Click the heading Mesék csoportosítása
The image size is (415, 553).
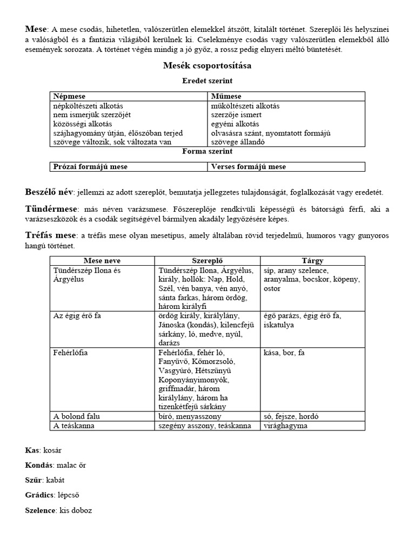coord(207,66)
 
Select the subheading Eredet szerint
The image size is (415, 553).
coord(207,80)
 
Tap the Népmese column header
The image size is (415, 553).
coord(69,96)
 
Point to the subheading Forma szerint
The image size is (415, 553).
coord(207,152)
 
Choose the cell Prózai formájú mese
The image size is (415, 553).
coord(90,167)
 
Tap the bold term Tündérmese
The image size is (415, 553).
coord(51,209)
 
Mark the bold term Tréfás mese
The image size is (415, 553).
coord(50,235)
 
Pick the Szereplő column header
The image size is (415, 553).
coord(207,261)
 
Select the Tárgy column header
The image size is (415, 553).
coord(312,261)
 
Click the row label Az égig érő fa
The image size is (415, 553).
coord(77,315)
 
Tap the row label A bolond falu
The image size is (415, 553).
coord(77,416)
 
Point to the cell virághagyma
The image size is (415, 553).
coord(286,426)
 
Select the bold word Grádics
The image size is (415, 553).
coord(40,495)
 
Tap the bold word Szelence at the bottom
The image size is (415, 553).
coord(41,510)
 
